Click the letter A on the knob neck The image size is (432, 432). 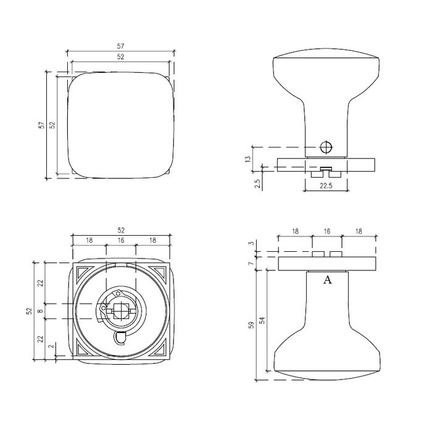point(328,280)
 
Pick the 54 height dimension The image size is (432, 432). point(262,322)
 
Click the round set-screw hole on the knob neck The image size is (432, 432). point(327,147)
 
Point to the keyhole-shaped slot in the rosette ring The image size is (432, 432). point(120,337)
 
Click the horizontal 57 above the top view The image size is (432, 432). point(120,46)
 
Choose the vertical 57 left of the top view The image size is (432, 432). point(41,125)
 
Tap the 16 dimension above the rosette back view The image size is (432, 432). point(120,239)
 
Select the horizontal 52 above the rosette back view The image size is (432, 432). point(120,230)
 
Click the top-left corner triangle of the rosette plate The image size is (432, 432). point(80,272)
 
